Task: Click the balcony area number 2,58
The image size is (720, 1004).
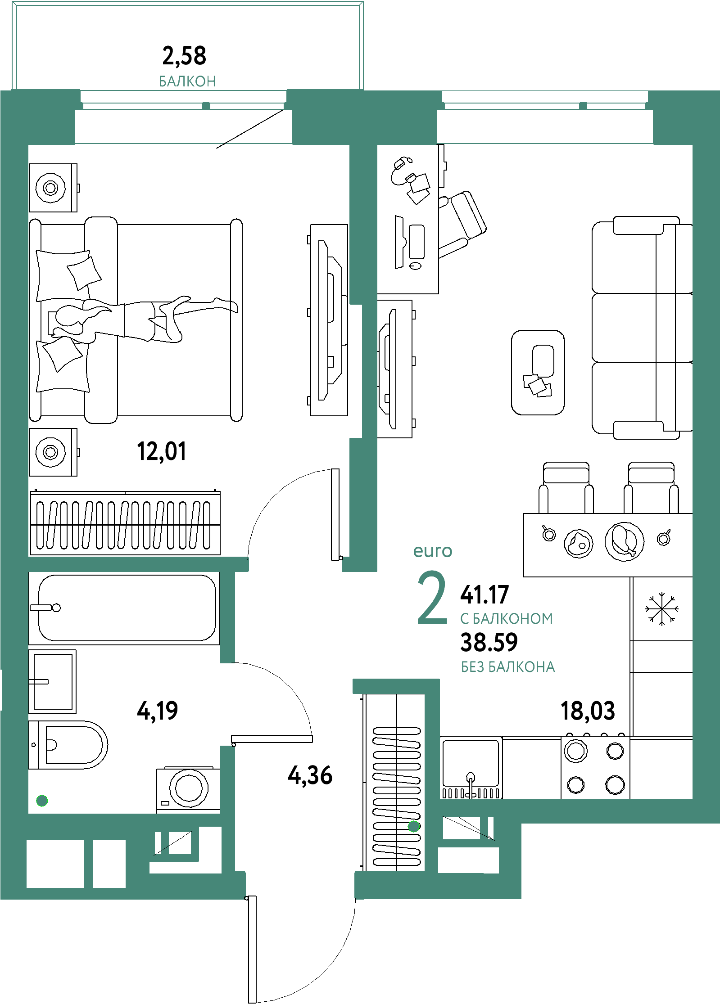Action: tap(184, 56)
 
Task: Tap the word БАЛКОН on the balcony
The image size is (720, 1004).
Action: tap(187, 81)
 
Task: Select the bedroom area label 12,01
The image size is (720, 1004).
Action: tap(161, 451)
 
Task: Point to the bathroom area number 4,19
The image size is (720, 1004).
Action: tap(157, 711)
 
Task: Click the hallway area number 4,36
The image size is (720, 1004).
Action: tap(310, 775)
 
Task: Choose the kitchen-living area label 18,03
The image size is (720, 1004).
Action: tap(588, 711)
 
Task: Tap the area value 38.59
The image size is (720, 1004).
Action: tap(489, 642)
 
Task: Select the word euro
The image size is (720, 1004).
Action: tap(433, 551)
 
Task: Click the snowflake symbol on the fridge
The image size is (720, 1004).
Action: tap(661, 609)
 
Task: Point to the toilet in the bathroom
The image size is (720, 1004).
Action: tap(72, 745)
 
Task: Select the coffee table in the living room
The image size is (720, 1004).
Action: tap(538, 372)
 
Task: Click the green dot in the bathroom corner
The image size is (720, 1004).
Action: tap(42, 801)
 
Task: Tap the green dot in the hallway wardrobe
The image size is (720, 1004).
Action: tap(414, 826)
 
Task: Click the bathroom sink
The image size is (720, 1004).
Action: tap(53, 681)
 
